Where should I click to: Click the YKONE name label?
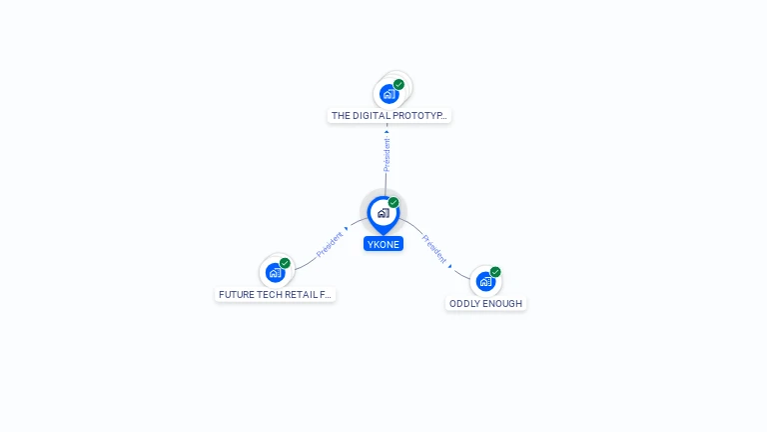[x=383, y=244]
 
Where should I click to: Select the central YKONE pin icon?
[x=383, y=213]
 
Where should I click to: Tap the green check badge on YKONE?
[x=393, y=203]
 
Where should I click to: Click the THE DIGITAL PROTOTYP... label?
[x=389, y=116]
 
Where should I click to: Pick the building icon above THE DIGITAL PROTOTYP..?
[x=388, y=94]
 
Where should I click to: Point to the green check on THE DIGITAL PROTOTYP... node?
[x=399, y=85]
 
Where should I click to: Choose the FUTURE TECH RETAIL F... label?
[x=275, y=295]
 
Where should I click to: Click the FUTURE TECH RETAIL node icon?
[x=275, y=272]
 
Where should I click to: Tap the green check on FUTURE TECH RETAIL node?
[x=286, y=263]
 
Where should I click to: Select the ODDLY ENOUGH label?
[x=485, y=303]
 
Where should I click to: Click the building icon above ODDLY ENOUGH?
[x=485, y=281]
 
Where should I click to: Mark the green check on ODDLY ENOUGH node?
[x=495, y=272]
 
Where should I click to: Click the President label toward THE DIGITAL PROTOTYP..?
[x=386, y=154]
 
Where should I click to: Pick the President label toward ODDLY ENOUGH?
[x=434, y=248]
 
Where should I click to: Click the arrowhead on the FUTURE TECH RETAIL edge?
[x=346, y=230]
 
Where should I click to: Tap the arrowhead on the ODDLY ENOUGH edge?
[x=450, y=266]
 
